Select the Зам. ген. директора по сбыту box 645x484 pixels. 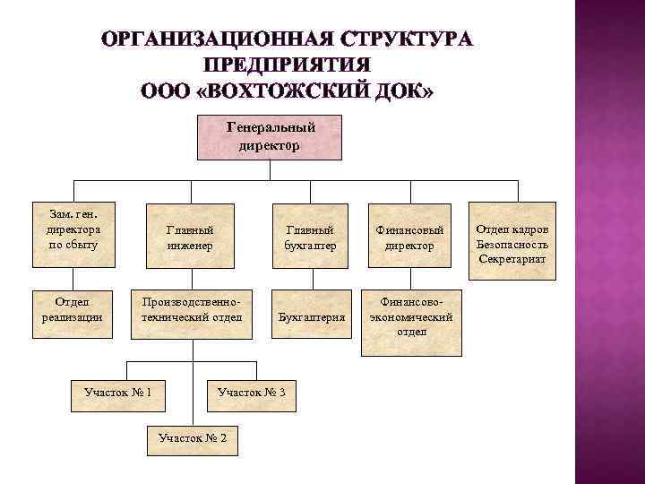pos(74,234)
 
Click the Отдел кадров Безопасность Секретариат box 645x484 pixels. pos(513,234)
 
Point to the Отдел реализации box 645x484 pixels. pos(74,314)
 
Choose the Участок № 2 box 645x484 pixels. pos(191,437)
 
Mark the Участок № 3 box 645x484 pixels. pos(252,392)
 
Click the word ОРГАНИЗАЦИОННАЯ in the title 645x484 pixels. pos(221,41)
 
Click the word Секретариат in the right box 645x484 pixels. pos(513,259)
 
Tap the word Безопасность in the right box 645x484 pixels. pos(513,244)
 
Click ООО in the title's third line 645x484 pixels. pos(164,92)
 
